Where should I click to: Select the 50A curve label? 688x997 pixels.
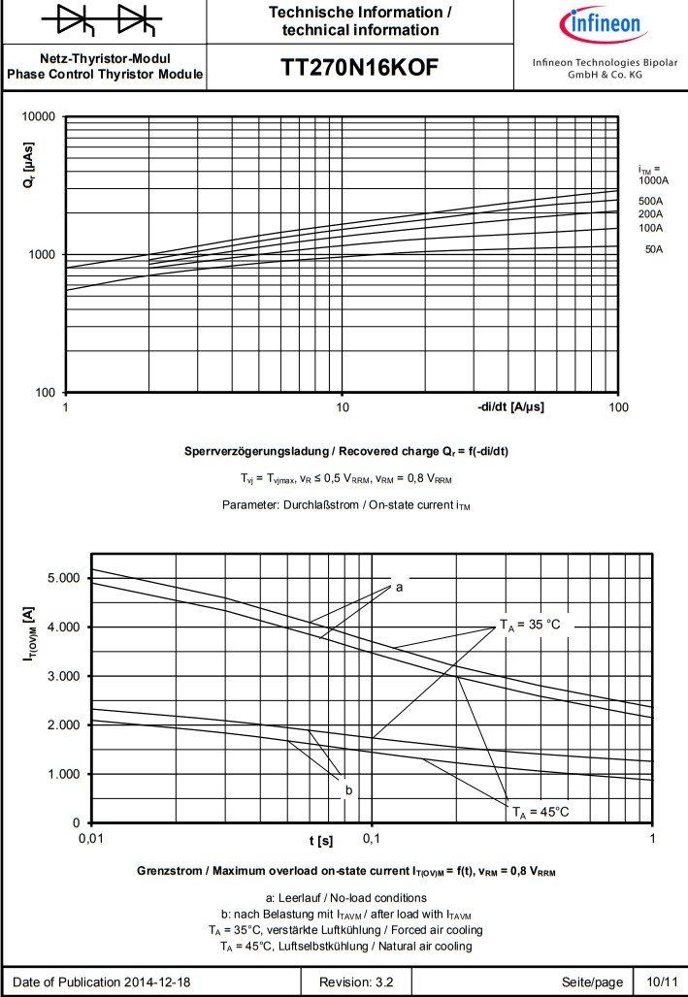click(654, 249)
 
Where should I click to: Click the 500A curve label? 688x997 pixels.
click(651, 201)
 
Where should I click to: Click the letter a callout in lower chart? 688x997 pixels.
click(399, 586)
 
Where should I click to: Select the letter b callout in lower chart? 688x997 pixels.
click(348, 790)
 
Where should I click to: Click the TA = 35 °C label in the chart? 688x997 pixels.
click(530, 624)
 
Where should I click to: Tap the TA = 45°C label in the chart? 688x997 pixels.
click(541, 811)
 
